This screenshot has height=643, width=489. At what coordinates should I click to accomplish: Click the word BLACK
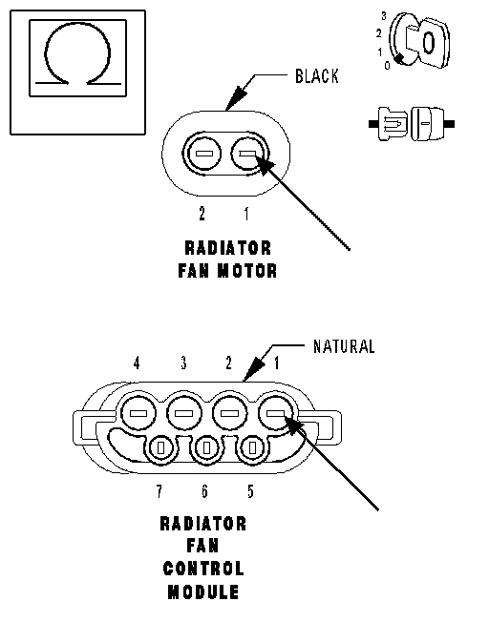pyautogui.click(x=317, y=76)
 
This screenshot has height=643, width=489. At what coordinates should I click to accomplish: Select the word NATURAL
pyautogui.click(x=344, y=346)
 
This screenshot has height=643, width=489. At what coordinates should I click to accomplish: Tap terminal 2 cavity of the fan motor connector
pyautogui.click(x=202, y=154)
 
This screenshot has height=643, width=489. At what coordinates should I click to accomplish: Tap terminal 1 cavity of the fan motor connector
pyautogui.click(x=248, y=154)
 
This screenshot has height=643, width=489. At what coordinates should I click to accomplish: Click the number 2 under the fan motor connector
pyautogui.click(x=202, y=214)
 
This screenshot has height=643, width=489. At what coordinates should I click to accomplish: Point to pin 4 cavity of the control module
pyautogui.click(x=138, y=413)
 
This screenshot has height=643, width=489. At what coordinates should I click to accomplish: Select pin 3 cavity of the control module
pyautogui.click(x=183, y=413)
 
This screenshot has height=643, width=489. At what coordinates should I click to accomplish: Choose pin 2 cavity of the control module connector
pyautogui.click(x=229, y=413)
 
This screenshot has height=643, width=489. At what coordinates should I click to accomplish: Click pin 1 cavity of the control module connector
pyautogui.click(x=276, y=413)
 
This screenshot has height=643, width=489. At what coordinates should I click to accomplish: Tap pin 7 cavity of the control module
pyautogui.click(x=161, y=448)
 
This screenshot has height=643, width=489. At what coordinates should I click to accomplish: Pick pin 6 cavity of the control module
pyautogui.click(x=206, y=447)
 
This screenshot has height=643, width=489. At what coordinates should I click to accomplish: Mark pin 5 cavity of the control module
pyautogui.click(x=252, y=447)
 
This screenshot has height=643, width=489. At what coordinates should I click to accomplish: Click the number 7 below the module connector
pyautogui.click(x=159, y=491)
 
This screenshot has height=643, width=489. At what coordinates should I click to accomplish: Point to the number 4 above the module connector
pyautogui.click(x=137, y=363)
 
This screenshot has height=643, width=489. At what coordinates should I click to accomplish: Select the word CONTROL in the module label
pyautogui.click(x=203, y=569)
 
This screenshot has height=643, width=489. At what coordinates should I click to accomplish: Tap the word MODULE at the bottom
pyautogui.click(x=203, y=592)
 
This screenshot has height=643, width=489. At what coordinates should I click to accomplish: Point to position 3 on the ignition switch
pyautogui.click(x=384, y=16)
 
